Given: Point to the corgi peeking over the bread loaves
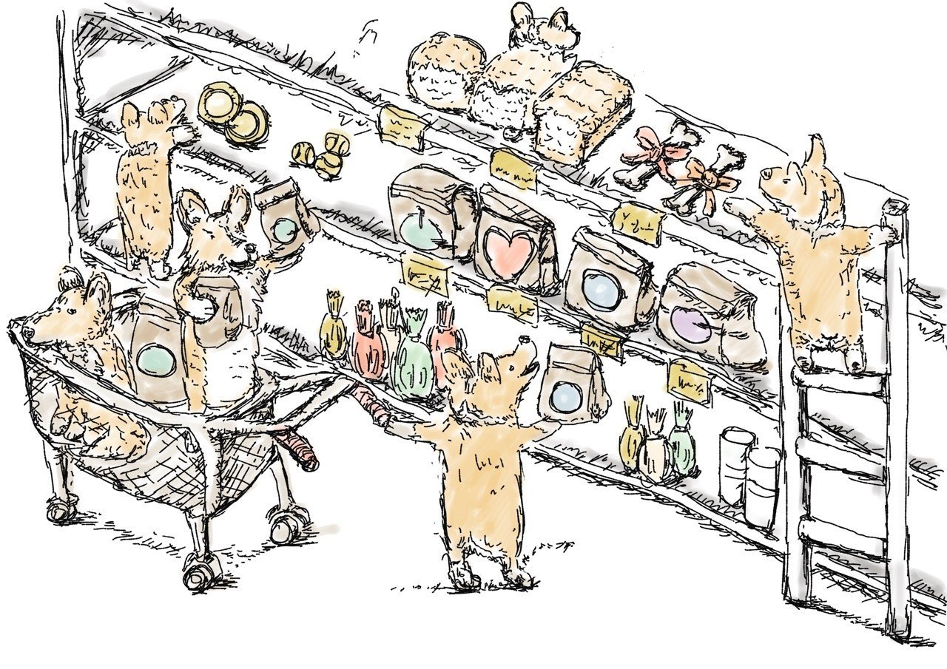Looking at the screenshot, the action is point(544,26).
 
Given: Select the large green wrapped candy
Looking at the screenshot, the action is point(411,355).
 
